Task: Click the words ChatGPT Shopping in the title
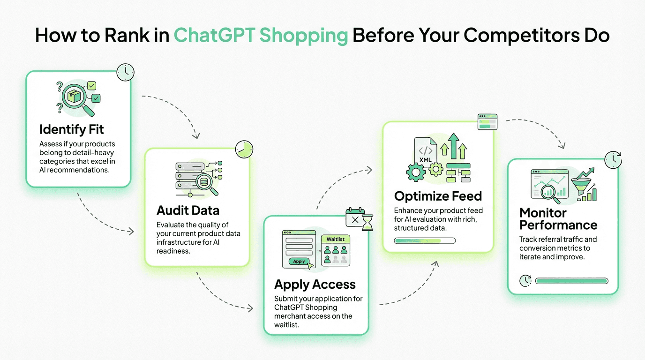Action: point(261,36)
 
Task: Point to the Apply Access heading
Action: point(315,284)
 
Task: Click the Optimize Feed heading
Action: point(438,195)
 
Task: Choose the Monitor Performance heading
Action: point(558,219)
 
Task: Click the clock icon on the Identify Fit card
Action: point(125,72)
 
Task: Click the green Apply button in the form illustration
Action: point(299,262)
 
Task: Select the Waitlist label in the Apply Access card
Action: point(336,239)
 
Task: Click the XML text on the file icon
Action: point(426,159)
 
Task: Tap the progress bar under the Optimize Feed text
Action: point(425,241)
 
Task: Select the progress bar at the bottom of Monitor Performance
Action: point(571,281)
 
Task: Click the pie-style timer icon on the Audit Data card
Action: point(244,149)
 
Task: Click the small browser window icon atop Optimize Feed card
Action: point(487,122)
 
